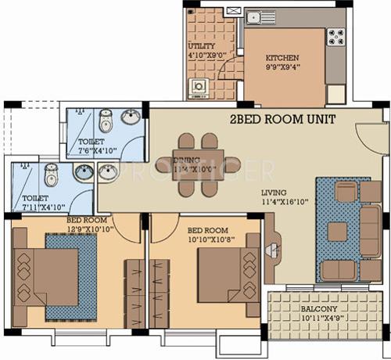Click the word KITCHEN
(x=282, y=59)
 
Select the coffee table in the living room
(x=337, y=229)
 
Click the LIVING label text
(x=274, y=193)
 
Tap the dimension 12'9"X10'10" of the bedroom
(x=91, y=228)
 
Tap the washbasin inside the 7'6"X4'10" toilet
(x=132, y=118)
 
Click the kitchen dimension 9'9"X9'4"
(x=282, y=68)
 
